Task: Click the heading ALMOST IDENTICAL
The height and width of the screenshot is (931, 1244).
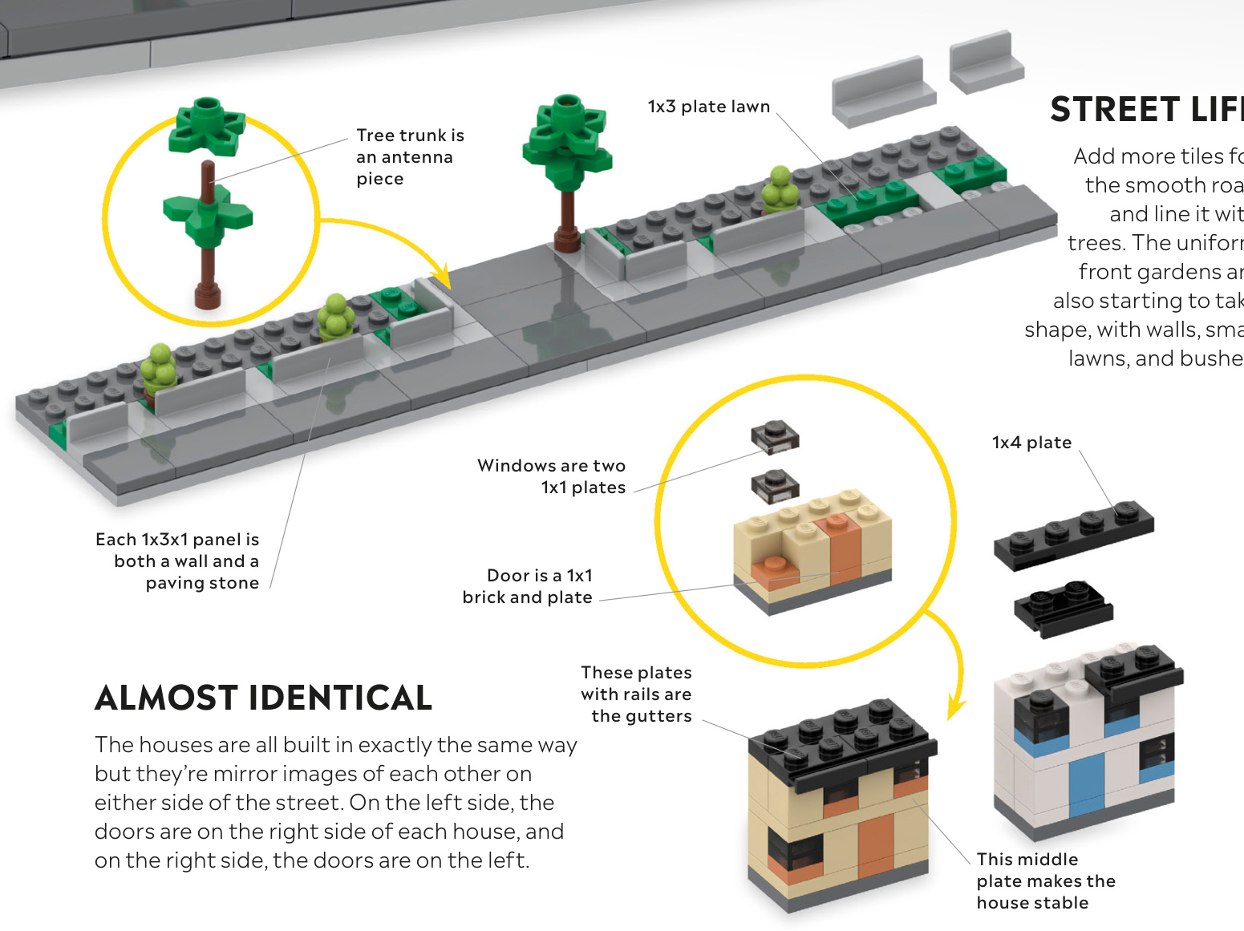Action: [x=263, y=698]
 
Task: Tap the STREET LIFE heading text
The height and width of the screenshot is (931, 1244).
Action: [x=1145, y=110]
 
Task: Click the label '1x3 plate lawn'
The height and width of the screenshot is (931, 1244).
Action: [x=708, y=107]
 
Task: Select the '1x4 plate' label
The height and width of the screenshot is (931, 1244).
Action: [x=1031, y=443]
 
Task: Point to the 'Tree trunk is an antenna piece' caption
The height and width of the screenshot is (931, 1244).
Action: [x=410, y=157]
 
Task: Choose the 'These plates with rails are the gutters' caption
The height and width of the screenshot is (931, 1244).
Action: [x=637, y=694]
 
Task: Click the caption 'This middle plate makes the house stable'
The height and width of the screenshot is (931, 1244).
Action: [x=1045, y=880]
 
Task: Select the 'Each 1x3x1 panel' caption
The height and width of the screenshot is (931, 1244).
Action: [x=178, y=561]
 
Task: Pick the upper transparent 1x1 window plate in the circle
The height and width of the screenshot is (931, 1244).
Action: [x=775, y=437]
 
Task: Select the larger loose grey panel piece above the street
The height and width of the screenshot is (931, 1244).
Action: [x=883, y=91]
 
